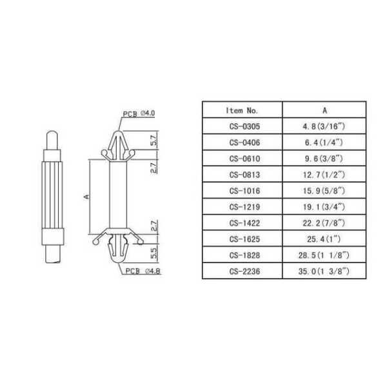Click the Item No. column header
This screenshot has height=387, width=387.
point(242,110)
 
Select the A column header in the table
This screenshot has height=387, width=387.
point(324,110)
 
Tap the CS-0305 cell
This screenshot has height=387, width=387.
point(244,126)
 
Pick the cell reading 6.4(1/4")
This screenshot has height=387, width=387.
point(324,143)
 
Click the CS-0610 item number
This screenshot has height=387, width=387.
point(244,159)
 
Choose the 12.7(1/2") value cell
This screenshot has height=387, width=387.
point(324,175)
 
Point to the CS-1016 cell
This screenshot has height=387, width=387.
point(244,191)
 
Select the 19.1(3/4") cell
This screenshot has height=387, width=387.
point(324,207)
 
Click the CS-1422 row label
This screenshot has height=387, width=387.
point(244,223)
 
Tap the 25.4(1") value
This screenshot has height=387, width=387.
point(324,239)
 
